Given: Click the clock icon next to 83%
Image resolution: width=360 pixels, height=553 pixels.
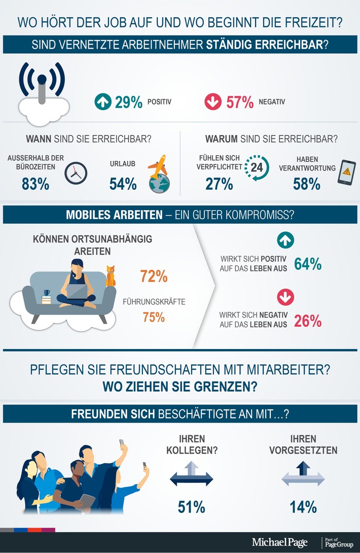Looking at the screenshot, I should point(76,173).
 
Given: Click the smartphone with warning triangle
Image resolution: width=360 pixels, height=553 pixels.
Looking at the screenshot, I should point(347,174).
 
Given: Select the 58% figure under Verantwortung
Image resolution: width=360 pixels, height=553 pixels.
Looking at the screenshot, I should point(307,184).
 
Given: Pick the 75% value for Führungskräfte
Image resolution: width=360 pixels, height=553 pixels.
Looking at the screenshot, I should point(153,318).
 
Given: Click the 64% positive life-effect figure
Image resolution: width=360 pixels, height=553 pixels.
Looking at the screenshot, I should point(308,264).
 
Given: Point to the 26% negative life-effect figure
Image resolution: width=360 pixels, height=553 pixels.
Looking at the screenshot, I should point(308,321).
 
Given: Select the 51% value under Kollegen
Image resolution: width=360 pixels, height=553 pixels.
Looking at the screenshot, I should point(191,506).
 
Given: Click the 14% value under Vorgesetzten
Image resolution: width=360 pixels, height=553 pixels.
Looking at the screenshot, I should point(303,506).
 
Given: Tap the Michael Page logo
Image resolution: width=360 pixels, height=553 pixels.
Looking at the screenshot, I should point(279,542).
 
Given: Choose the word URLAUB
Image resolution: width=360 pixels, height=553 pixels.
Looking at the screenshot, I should point(123,163).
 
